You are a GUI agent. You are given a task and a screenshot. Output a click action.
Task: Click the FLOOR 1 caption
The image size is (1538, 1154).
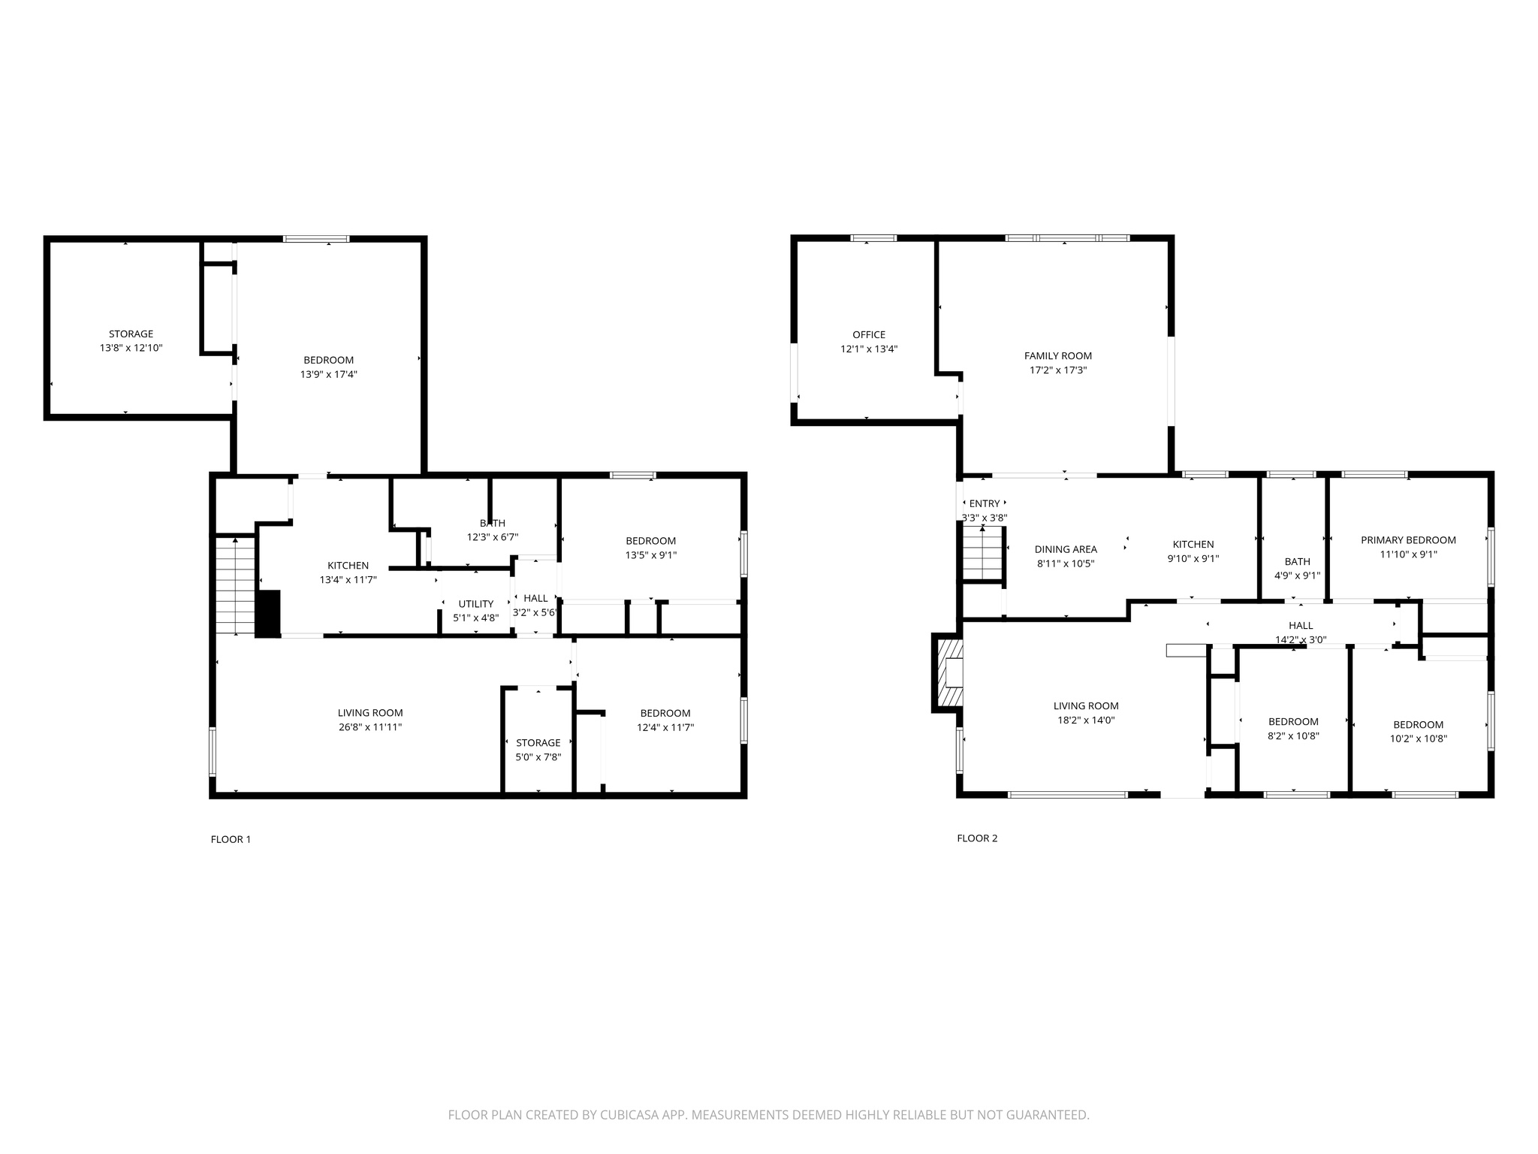pyautogui.click(x=231, y=839)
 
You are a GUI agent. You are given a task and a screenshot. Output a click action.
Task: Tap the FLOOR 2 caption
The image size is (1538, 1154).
pyautogui.click(x=977, y=838)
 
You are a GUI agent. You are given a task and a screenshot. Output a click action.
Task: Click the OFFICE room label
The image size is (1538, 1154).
pyautogui.click(x=869, y=335)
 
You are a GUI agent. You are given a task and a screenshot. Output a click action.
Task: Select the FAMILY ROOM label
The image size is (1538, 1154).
pyautogui.click(x=1057, y=356)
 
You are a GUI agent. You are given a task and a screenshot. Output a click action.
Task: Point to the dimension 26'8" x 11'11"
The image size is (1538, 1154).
pyautogui.click(x=370, y=727)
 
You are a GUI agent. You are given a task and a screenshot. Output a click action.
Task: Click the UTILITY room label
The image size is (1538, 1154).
pyautogui.click(x=476, y=604)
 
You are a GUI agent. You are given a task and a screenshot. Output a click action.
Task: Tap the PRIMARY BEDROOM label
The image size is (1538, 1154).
pyautogui.click(x=1408, y=540)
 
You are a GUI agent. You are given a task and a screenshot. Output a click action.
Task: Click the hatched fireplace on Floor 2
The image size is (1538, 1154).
pyautogui.click(x=950, y=672)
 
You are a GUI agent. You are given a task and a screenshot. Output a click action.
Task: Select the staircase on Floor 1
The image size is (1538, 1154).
pyautogui.click(x=236, y=586)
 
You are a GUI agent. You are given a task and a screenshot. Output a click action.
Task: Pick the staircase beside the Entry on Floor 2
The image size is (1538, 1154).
pyautogui.click(x=984, y=554)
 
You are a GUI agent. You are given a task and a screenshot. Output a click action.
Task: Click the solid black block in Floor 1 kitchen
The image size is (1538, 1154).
pyautogui.click(x=268, y=614)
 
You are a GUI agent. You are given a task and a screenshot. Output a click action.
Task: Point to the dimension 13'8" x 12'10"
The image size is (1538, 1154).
pyautogui.click(x=131, y=349)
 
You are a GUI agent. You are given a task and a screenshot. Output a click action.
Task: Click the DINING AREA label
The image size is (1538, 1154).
pyautogui.click(x=1066, y=549)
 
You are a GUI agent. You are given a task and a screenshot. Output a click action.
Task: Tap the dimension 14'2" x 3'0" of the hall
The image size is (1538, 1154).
pyautogui.click(x=1301, y=640)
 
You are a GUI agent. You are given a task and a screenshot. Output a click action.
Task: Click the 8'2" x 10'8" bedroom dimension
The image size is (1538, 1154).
pyautogui.click(x=1293, y=736)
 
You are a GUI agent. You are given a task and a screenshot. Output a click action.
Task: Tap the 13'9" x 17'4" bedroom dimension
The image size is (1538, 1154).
pyautogui.click(x=328, y=374)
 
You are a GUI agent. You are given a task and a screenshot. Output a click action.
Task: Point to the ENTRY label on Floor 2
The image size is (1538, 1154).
pyautogui.click(x=985, y=503)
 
